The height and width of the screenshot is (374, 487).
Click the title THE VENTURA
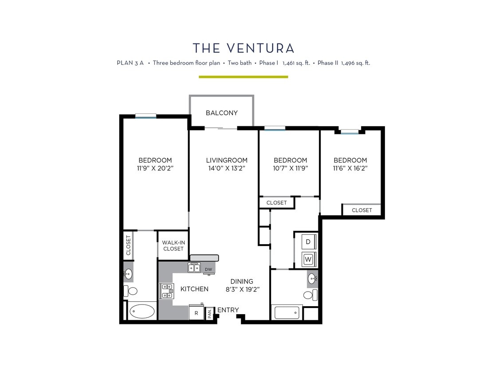243,48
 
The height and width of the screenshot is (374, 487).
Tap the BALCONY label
221,113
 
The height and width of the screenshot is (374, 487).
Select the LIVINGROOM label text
227,160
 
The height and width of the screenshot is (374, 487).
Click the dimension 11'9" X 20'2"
155,168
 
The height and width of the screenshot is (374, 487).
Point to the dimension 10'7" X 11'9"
290,168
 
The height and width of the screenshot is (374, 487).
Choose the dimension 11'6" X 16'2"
350,168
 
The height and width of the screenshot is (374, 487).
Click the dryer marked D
309,242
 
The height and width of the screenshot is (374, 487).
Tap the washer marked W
309,258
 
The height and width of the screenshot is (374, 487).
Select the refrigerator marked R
196,312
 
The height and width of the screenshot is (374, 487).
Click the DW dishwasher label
208,269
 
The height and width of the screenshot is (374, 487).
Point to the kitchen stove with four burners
167,290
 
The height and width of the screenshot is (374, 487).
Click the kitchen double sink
194,267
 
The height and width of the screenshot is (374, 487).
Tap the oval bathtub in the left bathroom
142,312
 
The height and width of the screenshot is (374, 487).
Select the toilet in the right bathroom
310,295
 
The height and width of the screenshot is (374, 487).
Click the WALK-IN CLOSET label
173,245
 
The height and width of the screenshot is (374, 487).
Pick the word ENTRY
228,310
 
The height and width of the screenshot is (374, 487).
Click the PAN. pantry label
209,314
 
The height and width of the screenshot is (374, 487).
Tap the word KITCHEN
194,289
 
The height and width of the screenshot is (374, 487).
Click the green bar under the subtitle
243,77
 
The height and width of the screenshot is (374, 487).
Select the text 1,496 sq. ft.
355,63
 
